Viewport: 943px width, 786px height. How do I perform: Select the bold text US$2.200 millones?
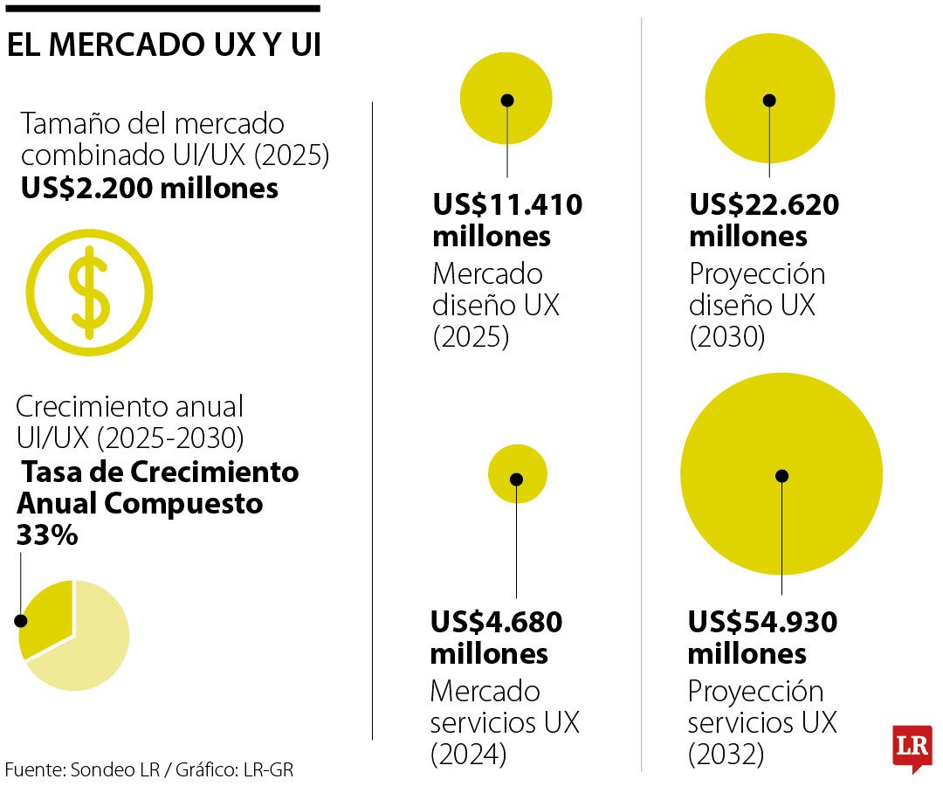click(149, 188)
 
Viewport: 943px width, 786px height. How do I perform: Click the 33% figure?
click(47, 534)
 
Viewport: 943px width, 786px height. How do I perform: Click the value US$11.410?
click(507, 205)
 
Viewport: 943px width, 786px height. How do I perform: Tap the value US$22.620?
click(764, 205)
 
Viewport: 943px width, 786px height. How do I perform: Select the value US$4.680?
click(496, 622)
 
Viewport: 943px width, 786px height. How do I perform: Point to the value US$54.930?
click(762, 622)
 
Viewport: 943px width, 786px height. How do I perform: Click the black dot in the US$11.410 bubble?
click(507, 100)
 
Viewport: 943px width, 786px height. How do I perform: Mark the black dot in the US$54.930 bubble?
click(781, 476)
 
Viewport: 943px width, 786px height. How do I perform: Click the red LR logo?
click(912, 748)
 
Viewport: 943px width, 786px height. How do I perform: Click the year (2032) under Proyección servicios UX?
click(726, 754)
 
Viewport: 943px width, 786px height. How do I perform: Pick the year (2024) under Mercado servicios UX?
click(468, 754)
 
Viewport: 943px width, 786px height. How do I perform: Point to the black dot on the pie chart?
click(21, 621)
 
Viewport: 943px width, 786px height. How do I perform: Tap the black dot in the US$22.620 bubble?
click(769, 100)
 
